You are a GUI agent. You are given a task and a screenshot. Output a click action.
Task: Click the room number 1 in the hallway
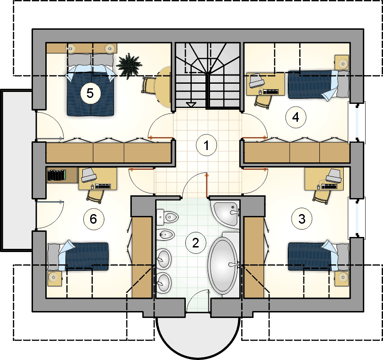click(206, 145)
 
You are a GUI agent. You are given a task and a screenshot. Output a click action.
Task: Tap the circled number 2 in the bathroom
click(195, 243)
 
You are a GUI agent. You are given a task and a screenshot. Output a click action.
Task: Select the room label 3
click(302, 219)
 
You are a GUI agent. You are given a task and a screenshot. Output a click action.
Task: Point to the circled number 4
click(296, 118)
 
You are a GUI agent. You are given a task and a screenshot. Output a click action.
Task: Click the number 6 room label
click(93, 219)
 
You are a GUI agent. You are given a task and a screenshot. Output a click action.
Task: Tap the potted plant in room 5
click(129, 65)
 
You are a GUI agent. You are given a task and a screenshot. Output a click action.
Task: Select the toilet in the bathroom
click(167, 217)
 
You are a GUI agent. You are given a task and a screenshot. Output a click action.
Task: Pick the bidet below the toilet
click(165, 235)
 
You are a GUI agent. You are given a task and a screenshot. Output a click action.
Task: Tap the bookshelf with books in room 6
click(57, 175)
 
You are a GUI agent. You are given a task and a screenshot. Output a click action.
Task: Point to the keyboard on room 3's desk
click(329, 187)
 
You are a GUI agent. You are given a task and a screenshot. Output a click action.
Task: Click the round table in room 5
click(163, 87)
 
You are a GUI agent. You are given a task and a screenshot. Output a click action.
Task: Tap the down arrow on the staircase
click(191, 105)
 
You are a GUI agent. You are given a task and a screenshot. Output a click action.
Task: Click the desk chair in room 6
click(95, 196)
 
